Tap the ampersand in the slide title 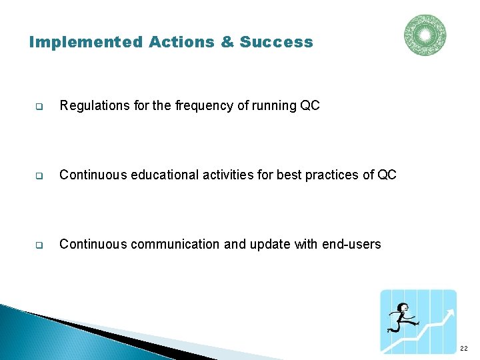[x=227, y=42]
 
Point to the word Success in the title [x=276, y=42]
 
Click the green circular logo [x=425, y=35]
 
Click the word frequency [x=202, y=105]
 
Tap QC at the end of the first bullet [x=311, y=105]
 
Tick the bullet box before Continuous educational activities [x=39, y=176]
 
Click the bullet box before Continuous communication [x=39, y=245]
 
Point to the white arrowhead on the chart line [x=451, y=313]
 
